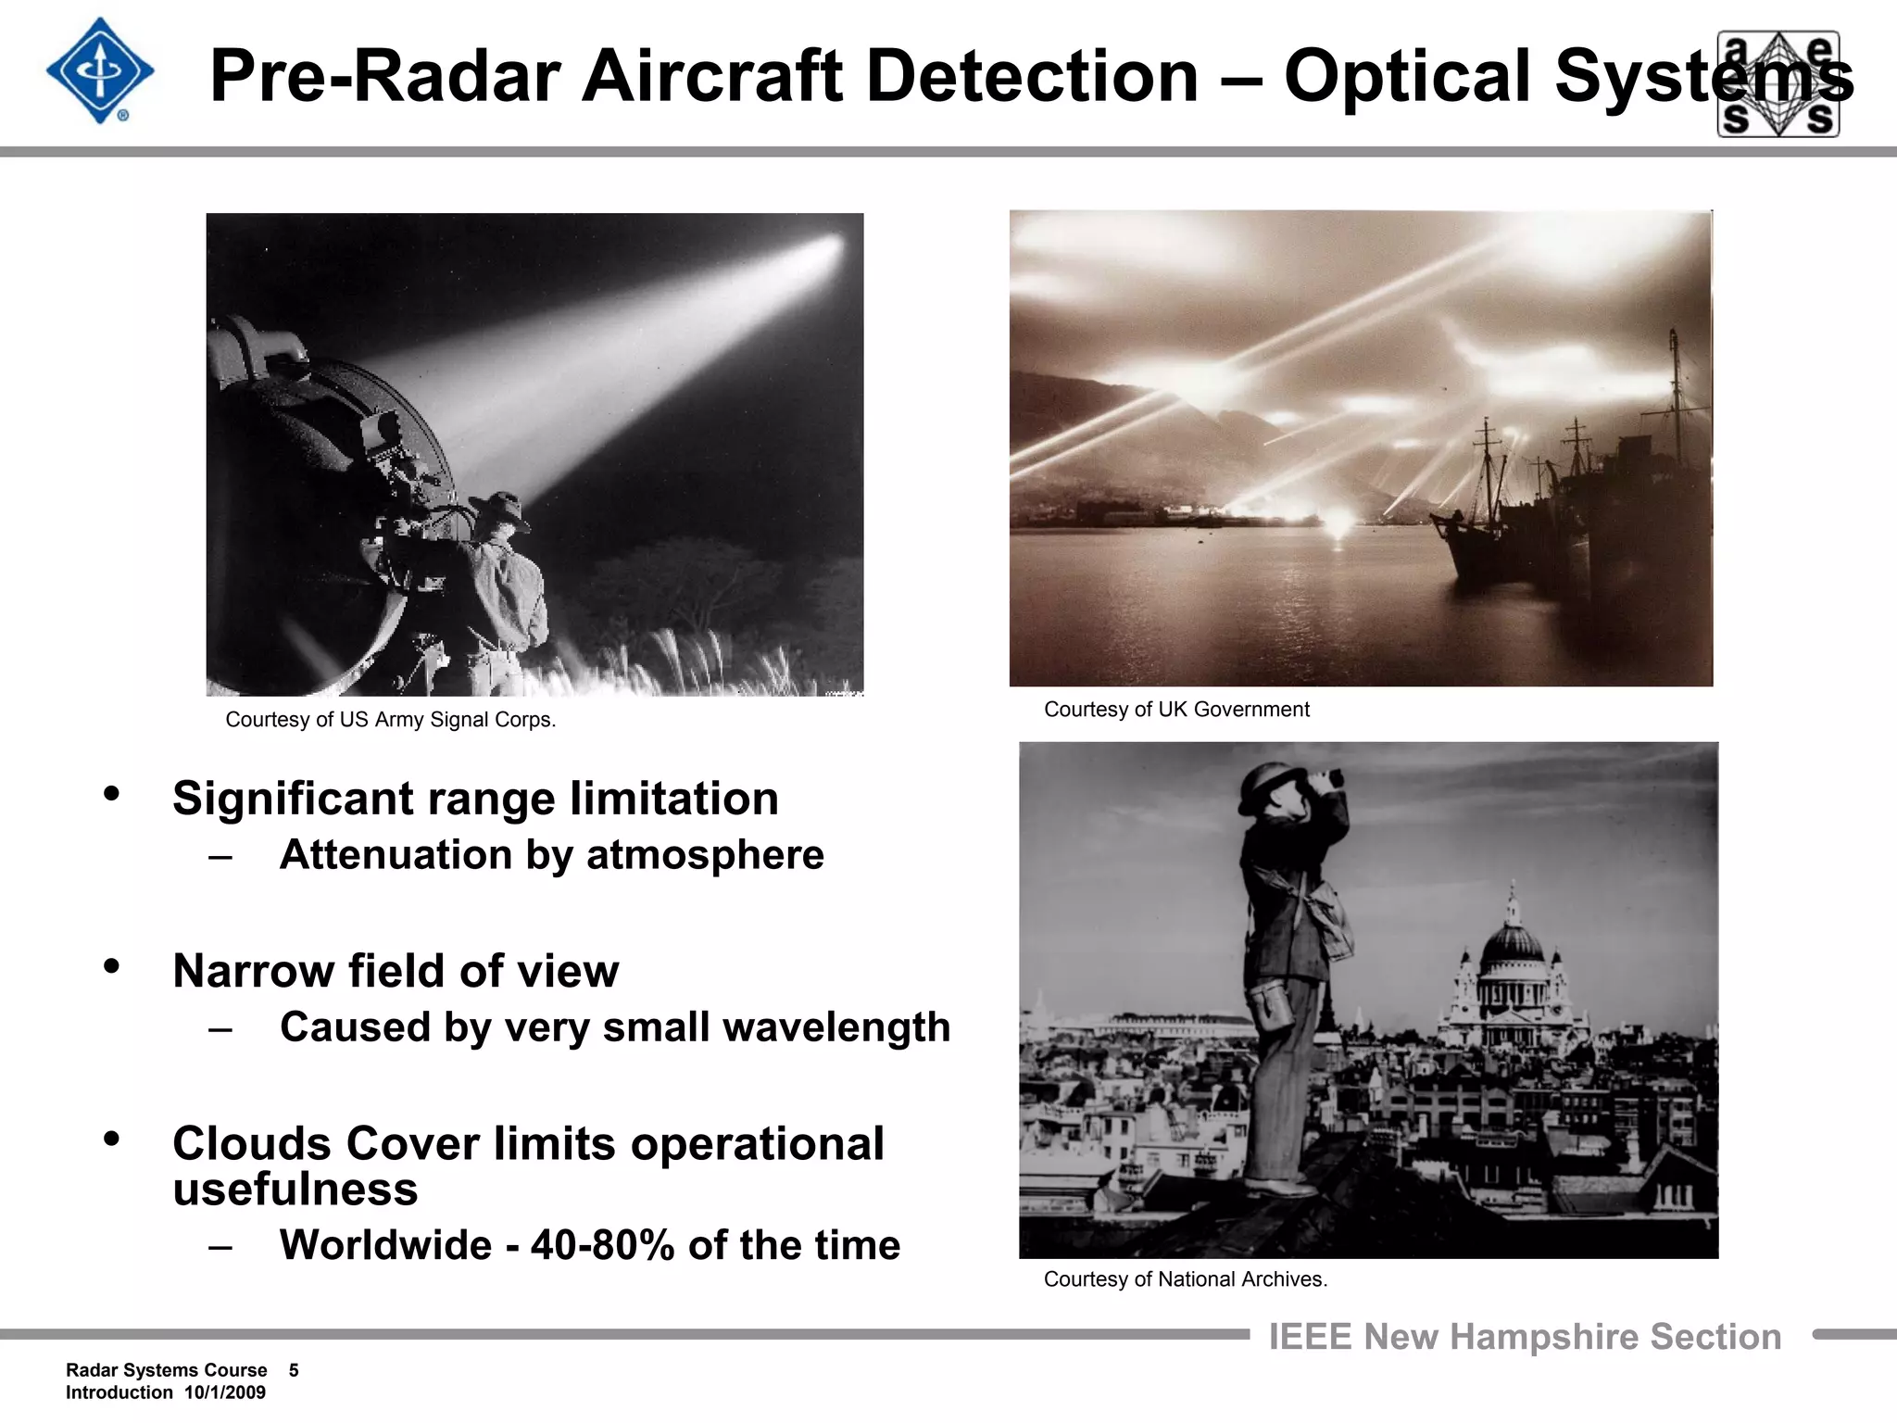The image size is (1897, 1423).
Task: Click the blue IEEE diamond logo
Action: (100, 71)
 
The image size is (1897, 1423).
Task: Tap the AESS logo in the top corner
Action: (1778, 83)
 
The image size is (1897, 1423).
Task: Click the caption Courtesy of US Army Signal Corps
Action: (390, 720)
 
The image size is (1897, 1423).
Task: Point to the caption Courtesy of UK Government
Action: (1176, 710)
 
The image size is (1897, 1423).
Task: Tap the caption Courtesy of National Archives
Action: (1185, 1279)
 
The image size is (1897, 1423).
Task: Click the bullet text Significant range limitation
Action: (475, 799)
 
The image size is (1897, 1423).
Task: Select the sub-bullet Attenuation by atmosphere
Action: (551, 855)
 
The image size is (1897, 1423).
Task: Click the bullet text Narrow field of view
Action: (396, 971)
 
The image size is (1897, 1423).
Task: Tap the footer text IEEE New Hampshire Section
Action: (1525, 1337)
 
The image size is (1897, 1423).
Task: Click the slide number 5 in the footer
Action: (294, 1370)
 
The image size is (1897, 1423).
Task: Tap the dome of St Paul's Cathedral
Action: (1512, 943)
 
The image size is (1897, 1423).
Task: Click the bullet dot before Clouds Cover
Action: (112, 1140)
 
